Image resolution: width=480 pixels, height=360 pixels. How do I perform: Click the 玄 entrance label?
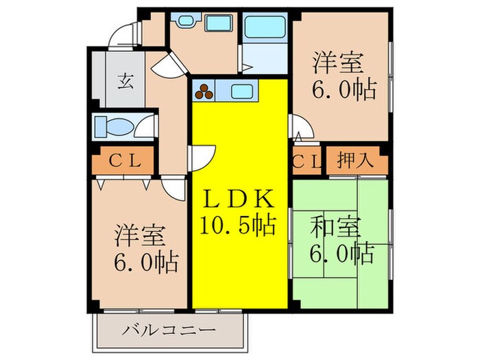point(128,77)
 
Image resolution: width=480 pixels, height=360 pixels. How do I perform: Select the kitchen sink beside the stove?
point(243,90)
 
